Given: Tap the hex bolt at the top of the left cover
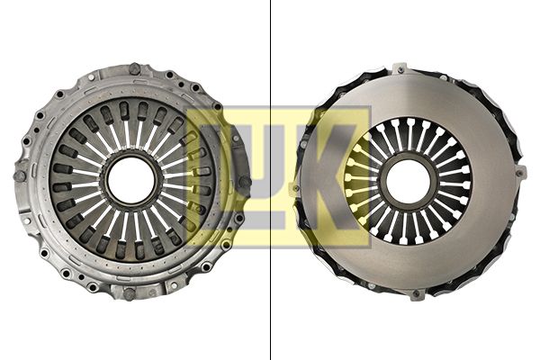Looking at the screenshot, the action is tap(134, 69).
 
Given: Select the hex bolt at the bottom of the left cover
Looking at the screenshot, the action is tap(129, 294).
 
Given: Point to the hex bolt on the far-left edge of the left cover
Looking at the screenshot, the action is tap(20, 176).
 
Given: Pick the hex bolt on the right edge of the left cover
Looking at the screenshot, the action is tap(245, 182).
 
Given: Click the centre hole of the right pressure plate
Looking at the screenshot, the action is tap(408, 181).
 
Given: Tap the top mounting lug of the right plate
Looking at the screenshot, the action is tap(400, 69).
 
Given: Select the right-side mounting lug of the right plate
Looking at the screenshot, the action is tap(521, 172).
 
